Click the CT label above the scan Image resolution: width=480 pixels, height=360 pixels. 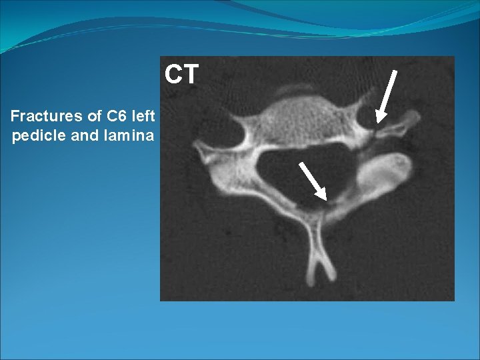[181, 75]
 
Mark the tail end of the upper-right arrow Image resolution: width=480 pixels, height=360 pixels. [394, 71]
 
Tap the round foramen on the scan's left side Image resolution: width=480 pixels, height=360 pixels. [230, 129]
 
